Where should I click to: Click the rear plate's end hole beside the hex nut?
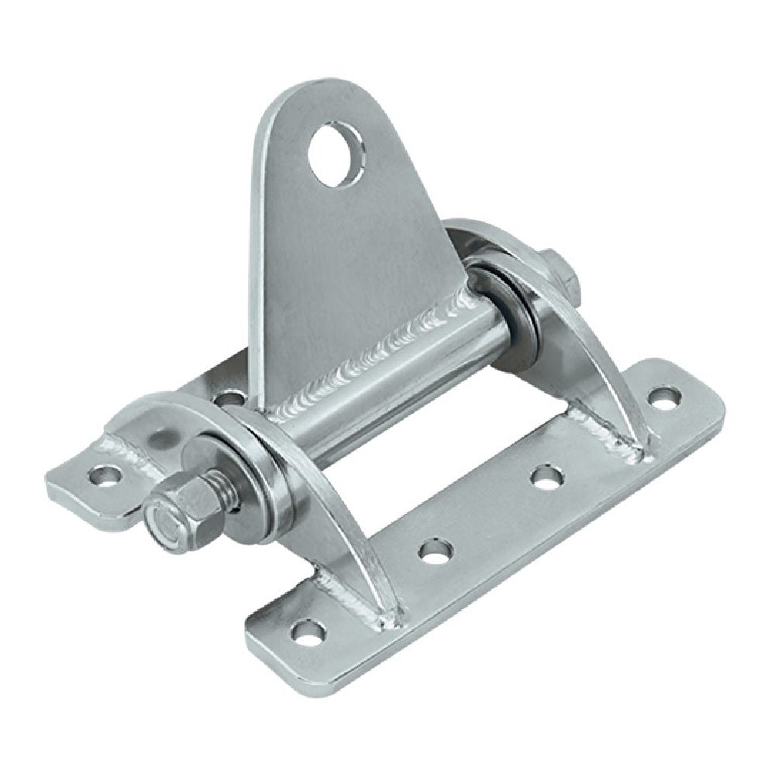(x=102, y=474)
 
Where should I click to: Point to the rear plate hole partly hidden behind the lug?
(x=227, y=401)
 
